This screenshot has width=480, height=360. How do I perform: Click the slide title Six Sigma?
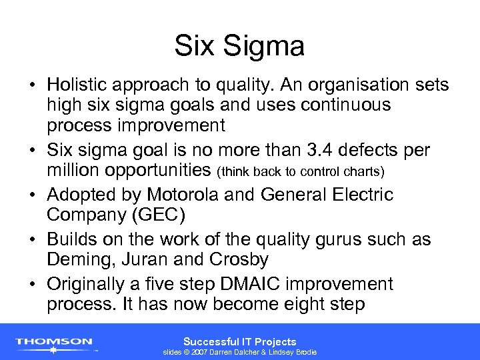pos(239,46)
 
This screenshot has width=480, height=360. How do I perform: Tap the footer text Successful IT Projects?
pos(239,341)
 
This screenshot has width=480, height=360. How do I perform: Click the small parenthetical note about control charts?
pos(301,171)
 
